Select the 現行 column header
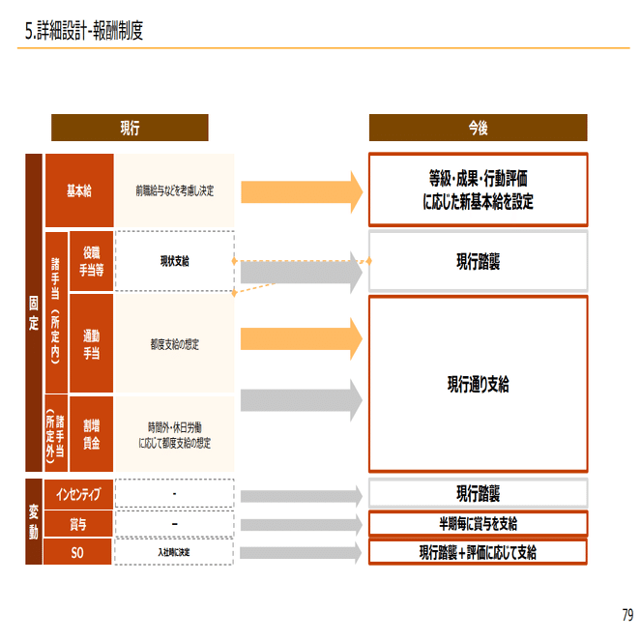tap(130, 128)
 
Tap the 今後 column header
tap(478, 128)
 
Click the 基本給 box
tap(79, 190)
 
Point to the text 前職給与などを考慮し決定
tap(175, 191)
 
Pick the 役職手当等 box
tap(92, 261)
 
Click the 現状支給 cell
tap(175, 261)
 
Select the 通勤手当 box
tap(92, 343)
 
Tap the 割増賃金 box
tap(92, 433)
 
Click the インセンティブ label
tap(78, 494)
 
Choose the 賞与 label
tap(78, 524)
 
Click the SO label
tap(78, 553)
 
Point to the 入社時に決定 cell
tap(175, 553)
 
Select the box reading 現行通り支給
tap(478, 385)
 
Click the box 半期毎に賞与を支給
tap(478, 524)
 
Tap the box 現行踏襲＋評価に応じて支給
tap(478, 553)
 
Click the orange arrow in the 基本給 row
tap(301, 190)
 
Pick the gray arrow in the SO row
tap(301, 553)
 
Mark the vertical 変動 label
tap(34, 522)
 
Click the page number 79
tap(627, 615)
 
